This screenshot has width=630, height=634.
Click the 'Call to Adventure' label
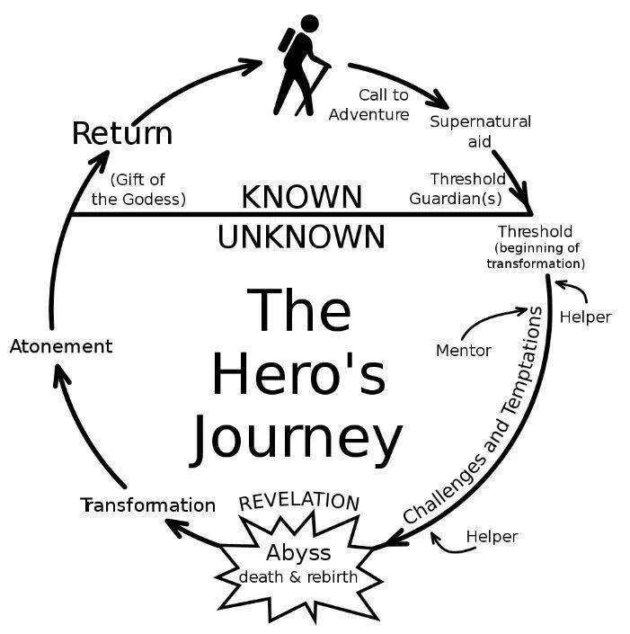370,104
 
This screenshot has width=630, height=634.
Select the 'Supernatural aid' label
480,131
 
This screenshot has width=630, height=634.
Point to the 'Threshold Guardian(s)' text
457,189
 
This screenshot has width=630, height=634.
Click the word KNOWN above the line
302,196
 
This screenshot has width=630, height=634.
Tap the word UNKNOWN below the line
302,237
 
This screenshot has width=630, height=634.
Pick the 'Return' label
121,134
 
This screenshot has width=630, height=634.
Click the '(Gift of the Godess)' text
138,190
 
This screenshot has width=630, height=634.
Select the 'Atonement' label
61,346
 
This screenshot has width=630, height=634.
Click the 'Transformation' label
148,505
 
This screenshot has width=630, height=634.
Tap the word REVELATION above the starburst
299,500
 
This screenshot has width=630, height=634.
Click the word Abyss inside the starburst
298,551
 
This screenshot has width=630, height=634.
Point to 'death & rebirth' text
297,576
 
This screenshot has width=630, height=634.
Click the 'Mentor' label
464,350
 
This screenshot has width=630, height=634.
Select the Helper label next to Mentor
585,317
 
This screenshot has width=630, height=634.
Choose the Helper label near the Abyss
492,537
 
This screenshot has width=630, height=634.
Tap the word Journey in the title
296,438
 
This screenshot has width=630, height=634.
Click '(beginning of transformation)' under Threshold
536,255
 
